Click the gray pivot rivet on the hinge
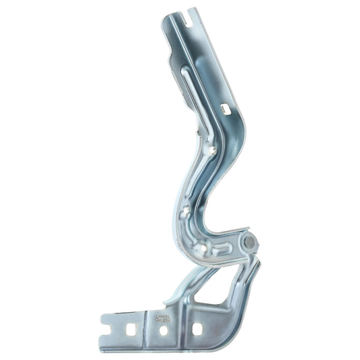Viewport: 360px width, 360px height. coord(249,241)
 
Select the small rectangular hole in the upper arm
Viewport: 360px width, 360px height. coord(225,107)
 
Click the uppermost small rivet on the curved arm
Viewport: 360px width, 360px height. coord(213,151)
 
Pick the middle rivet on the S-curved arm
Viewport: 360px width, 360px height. coord(186,211)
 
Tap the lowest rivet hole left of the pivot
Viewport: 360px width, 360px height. coord(203,250)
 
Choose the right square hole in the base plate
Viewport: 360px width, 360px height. coord(197,329)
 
